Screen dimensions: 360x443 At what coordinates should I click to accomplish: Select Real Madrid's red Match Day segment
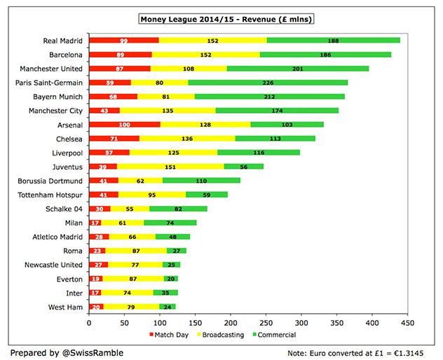pos(123,41)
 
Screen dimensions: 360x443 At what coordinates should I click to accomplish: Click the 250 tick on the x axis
pos(266,324)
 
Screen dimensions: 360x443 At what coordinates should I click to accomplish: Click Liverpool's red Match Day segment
pos(109,153)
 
